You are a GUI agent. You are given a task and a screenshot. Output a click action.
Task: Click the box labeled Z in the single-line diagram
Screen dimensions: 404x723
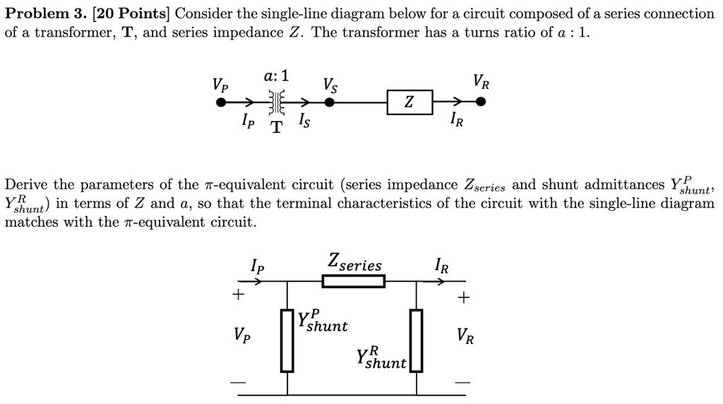(408, 103)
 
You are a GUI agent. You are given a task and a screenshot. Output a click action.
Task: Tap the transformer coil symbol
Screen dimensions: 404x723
(276, 102)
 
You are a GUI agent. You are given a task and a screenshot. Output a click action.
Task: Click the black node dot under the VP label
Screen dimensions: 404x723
(221, 102)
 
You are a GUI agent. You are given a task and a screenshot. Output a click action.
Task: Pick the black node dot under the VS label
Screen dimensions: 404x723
(329, 102)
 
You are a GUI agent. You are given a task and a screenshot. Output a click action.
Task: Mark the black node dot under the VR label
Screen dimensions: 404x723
(481, 102)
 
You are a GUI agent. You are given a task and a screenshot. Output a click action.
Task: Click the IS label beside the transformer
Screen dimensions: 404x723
(303, 121)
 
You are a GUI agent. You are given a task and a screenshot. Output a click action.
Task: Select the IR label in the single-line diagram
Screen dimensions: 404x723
(458, 121)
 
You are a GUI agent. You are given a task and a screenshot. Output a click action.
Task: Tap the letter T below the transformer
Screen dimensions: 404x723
(277, 127)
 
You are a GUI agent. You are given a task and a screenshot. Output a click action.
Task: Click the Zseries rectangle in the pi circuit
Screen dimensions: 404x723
(354, 281)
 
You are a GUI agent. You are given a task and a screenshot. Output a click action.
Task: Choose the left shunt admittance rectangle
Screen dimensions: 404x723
(287, 340)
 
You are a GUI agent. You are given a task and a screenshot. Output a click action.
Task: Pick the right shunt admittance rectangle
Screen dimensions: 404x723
(417, 340)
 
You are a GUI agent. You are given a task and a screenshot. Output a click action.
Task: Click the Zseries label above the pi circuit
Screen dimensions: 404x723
(354, 263)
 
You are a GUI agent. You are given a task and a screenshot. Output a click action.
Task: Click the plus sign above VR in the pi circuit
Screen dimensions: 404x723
(463, 299)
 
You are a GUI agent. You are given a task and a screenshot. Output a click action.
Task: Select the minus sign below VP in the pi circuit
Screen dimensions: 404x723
(240, 382)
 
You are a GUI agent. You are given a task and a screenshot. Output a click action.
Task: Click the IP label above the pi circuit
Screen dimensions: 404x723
(259, 266)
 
